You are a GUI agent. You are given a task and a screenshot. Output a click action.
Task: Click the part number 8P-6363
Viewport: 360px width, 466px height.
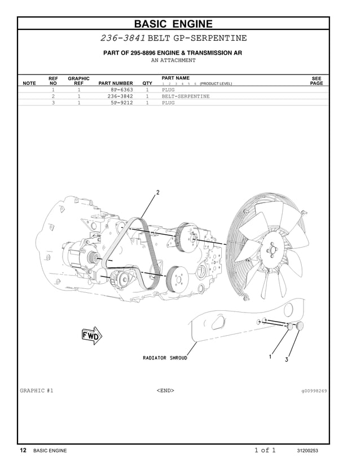122,90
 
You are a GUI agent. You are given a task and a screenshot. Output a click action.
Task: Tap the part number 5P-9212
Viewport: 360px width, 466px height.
122,103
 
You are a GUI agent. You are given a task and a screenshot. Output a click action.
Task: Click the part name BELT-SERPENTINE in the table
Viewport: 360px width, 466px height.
186,96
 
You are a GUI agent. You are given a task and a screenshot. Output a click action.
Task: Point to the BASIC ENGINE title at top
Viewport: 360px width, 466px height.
173,24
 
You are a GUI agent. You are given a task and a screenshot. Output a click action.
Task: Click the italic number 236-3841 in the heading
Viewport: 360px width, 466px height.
123,38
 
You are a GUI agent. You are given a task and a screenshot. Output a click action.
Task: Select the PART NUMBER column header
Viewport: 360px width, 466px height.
116,83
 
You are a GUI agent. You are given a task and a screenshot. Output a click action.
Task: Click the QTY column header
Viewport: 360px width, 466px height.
147,83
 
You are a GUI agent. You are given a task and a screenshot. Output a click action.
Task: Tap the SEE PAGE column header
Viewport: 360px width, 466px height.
317,81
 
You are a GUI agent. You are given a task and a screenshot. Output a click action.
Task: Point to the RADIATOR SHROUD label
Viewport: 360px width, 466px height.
165,358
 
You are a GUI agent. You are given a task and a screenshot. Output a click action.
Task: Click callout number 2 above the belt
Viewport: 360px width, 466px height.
158,192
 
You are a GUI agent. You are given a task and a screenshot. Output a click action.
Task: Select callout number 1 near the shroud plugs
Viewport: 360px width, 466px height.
270,357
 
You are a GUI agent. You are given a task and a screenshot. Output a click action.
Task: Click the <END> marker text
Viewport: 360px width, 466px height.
165,390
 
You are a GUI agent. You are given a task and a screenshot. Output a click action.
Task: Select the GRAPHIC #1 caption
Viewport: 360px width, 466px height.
37,390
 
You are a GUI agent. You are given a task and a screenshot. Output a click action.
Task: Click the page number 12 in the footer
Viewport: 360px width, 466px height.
23,451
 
